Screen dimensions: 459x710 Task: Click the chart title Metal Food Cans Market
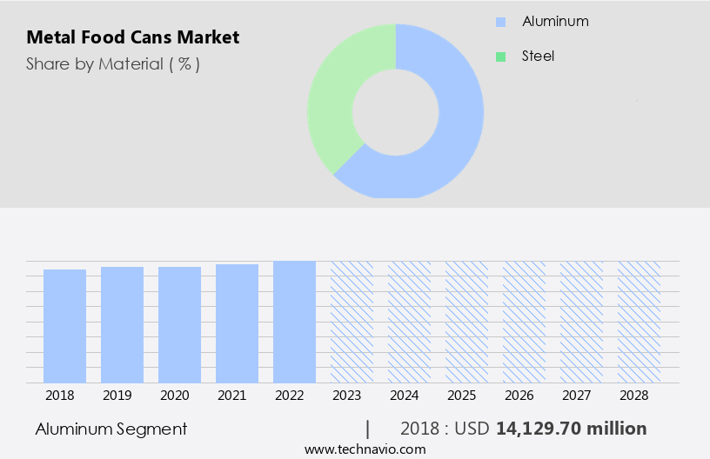[132, 37]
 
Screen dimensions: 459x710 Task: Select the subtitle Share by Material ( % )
[113, 64]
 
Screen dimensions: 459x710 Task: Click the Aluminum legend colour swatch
[500, 22]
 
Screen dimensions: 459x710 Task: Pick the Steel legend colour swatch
[500, 57]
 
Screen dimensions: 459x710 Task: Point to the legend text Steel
[538, 57]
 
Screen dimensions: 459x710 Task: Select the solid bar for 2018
[64, 326]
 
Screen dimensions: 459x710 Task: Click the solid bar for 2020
[179, 324]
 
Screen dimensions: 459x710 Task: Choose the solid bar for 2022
[294, 322]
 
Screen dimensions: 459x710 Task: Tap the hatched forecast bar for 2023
[352, 322]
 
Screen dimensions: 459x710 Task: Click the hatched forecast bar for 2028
[639, 322]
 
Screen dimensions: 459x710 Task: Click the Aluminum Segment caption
[111, 429]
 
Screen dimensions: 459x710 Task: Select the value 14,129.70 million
[571, 429]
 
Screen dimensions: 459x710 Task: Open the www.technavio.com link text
[365, 449]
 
